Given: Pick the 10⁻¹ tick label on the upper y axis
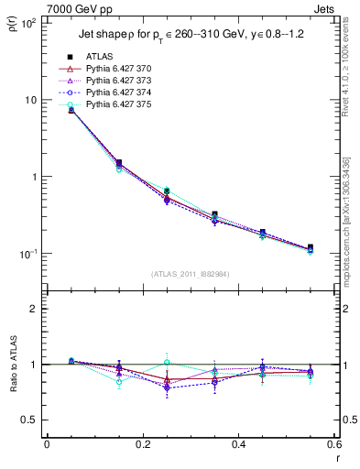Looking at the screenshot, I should coord(28,254).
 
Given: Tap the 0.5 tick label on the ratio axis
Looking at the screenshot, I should coord(30,420).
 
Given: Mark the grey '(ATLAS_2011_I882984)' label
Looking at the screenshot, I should coord(190,274).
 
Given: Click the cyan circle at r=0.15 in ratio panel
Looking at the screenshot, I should coord(119,382).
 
